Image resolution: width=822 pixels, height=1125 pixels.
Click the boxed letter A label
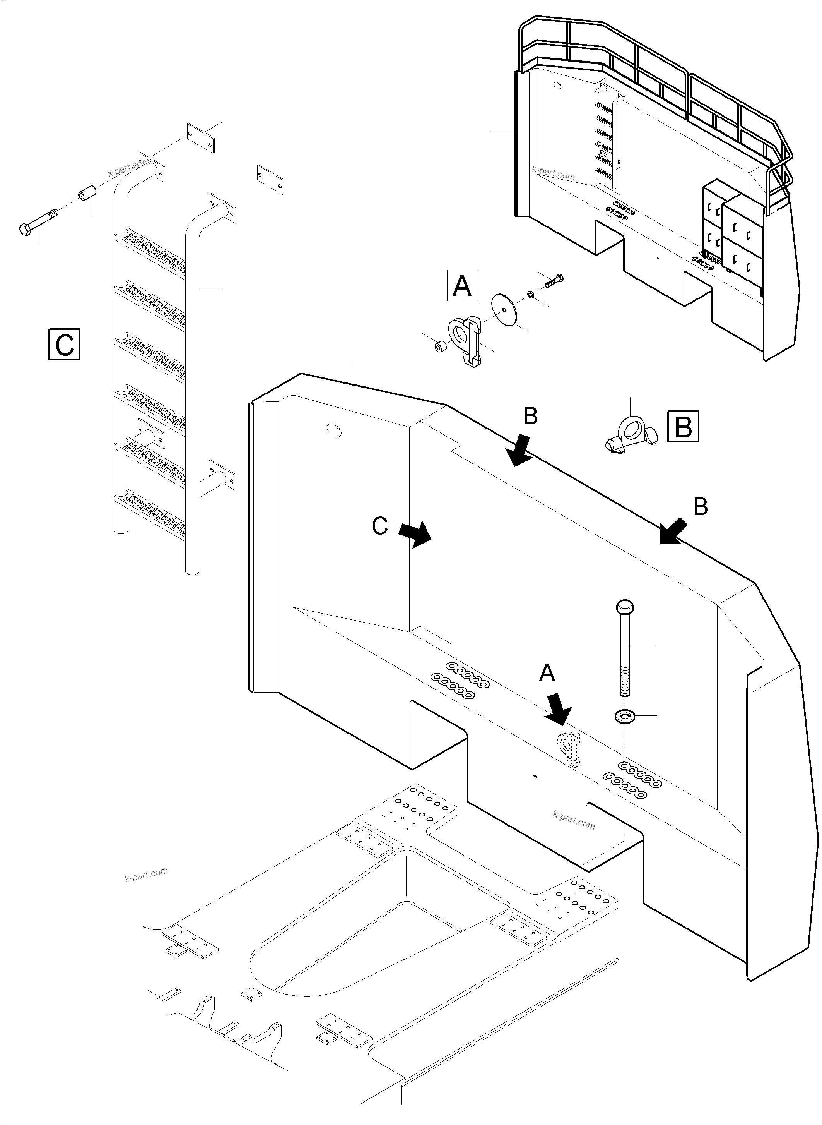pyautogui.click(x=462, y=286)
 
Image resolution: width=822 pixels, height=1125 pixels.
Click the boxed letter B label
pyautogui.click(x=684, y=426)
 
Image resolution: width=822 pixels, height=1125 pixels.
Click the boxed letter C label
pyautogui.click(x=65, y=344)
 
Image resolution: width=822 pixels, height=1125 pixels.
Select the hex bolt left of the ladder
pyautogui.click(x=38, y=222)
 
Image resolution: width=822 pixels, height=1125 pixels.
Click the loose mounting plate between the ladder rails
pyautogui.click(x=270, y=179)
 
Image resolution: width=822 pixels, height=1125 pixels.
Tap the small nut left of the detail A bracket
pyautogui.click(x=439, y=346)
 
